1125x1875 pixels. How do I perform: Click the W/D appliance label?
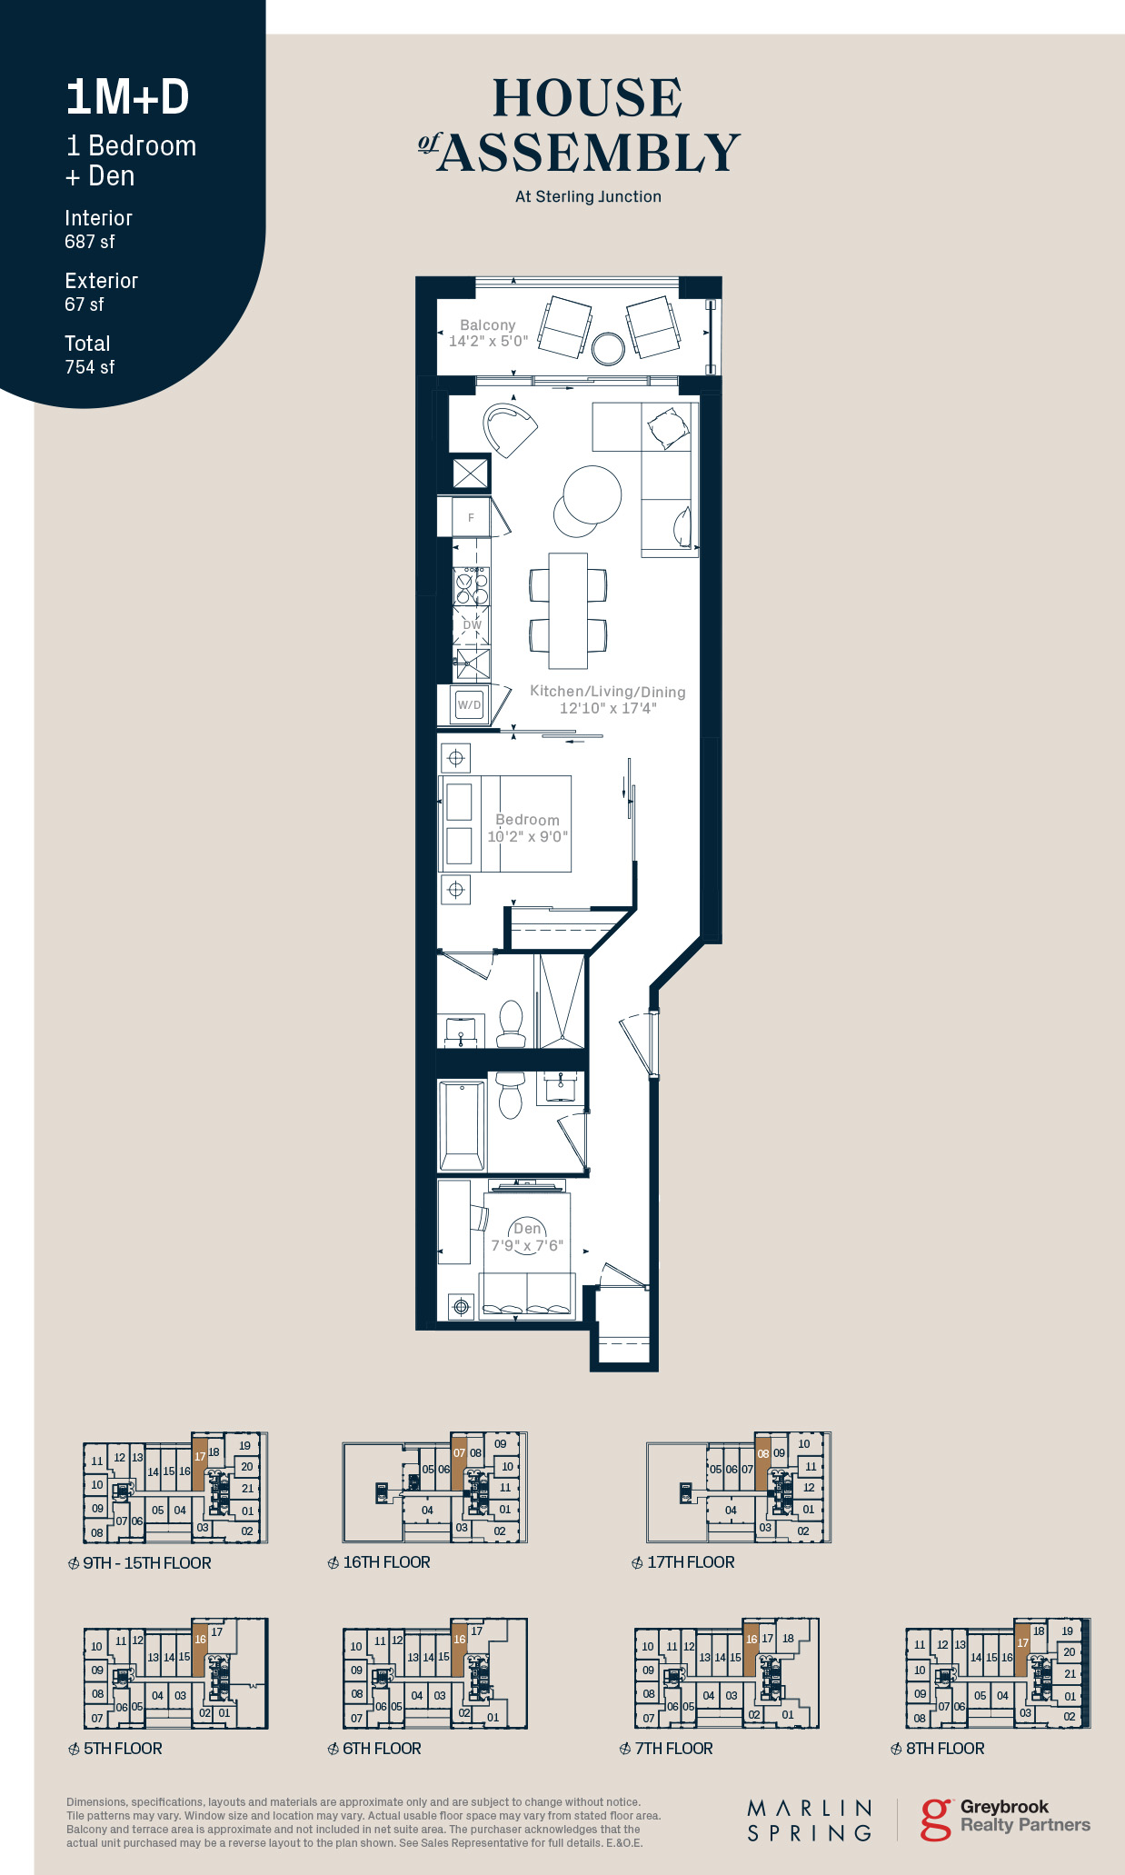click(x=470, y=704)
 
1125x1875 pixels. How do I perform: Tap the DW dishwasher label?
click(x=473, y=625)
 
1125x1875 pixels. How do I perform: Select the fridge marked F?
click(x=471, y=517)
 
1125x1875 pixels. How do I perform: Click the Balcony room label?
click(x=488, y=324)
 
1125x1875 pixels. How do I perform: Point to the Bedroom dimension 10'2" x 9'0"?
click(x=528, y=836)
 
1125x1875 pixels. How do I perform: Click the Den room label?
click(x=527, y=1228)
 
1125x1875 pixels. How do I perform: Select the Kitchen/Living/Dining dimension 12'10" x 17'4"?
click(x=608, y=708)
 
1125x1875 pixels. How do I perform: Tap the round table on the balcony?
click(x=608, y=347)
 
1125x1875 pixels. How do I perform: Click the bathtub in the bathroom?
click(x=462, y=1125)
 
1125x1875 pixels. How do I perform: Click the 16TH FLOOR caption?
click(x=379, y=1562)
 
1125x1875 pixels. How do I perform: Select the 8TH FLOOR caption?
click(x=938, y=1749)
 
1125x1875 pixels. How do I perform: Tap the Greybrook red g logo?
click(x=936, y=1819)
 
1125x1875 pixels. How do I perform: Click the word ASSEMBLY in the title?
click(x=590, y=152)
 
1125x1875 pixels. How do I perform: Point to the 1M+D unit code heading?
click(x=127, y=97)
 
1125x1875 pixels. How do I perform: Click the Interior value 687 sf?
click(x=90, y=242)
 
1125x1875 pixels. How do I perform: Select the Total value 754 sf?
click(x=90, y=367)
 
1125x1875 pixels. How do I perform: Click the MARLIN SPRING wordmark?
click(x=810, y=1820)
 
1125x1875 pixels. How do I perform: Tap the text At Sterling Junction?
click(x=588, y=196)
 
